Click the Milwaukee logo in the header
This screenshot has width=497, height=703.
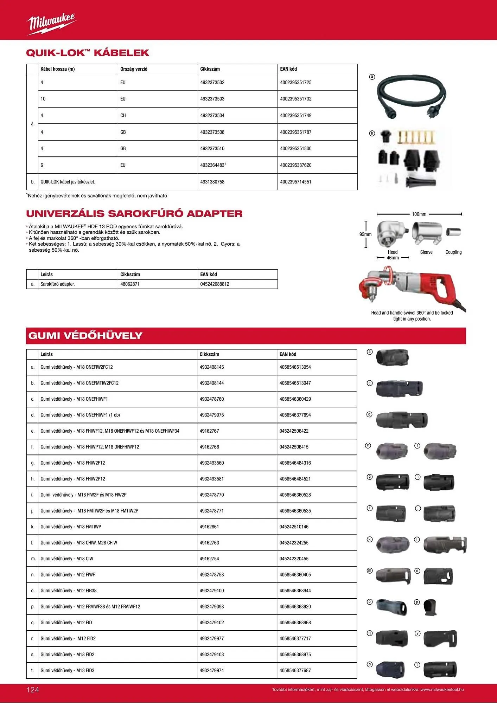point(51,24)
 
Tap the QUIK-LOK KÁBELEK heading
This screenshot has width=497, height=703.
point(88,53)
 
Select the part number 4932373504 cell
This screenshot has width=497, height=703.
point(212,116)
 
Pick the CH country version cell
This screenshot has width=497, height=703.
point(123,116)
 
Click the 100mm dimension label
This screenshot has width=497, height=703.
point(419,214)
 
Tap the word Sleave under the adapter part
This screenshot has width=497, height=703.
point(426,252)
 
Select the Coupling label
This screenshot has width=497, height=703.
point(453,252)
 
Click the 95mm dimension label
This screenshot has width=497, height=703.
point(365,234)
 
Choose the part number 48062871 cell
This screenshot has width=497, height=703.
point(130,284)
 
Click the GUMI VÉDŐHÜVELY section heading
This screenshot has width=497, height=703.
point(85,336)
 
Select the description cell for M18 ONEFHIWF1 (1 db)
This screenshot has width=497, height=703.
point(80,415)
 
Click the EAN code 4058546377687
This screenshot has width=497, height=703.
point(295,671)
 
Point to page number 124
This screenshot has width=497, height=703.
point(33,690)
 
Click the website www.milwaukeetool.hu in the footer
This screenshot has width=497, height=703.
point(442,690)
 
